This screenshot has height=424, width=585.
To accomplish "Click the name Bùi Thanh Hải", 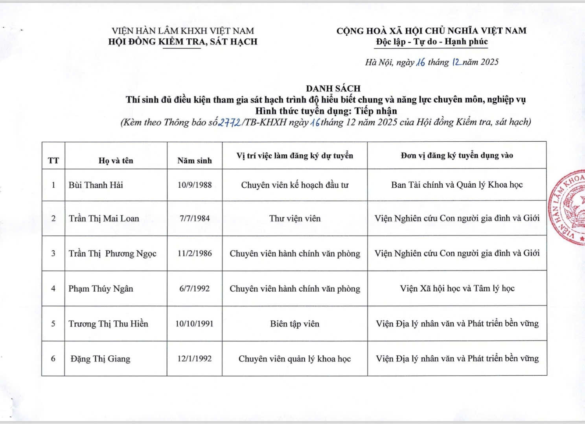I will coord(96,185).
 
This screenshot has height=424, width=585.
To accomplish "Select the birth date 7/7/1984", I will coord(195,218).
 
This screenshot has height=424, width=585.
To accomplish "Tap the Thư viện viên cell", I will coord(295,218).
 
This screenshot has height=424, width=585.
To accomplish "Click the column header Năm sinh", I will coord(195,161).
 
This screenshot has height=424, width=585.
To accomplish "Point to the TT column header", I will coord(53,161).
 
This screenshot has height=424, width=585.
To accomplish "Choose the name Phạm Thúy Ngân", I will coord(101,289).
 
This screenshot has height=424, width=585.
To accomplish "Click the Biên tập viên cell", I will coord(295,324).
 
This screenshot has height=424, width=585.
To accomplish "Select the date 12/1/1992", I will coord(195,358).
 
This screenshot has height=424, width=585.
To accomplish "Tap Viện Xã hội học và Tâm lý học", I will coord(457,289).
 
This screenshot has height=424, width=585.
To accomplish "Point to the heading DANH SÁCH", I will coord(333,89).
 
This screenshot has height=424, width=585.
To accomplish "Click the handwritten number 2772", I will coord(229,122).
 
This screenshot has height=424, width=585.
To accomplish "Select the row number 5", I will coord(53,324).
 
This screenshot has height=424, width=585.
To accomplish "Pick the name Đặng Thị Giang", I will coord(100,358).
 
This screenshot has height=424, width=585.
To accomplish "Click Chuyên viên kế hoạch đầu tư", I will coord(295,185).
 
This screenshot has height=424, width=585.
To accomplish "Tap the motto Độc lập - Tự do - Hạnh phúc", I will coord(432,42).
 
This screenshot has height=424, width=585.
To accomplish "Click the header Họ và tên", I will coord(116,161).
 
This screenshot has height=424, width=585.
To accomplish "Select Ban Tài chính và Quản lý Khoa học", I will coord(457,185).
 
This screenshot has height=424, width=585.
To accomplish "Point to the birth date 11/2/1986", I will coord(195,253).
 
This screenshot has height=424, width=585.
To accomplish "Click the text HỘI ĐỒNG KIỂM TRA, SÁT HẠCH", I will coord(183,42).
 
